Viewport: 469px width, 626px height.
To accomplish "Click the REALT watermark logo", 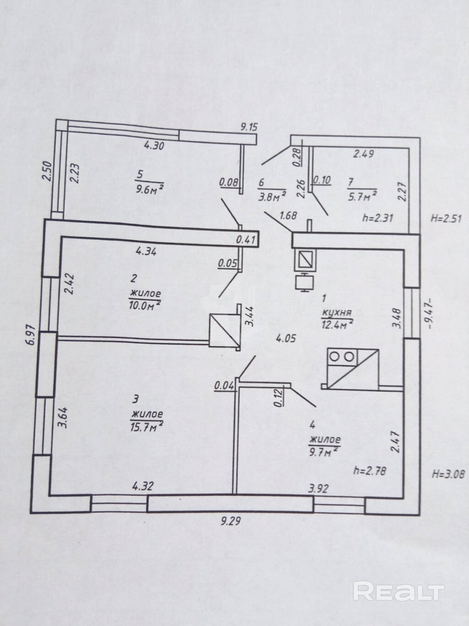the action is [x=398, y=591].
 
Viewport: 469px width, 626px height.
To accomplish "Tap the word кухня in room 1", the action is [x=337, y=313].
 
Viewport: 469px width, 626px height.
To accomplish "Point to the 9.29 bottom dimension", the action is [x=231, y=521].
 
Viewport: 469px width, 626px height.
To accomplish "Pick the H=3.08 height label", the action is [x=448, y=474].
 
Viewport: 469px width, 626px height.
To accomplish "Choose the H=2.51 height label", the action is [x=447, y=218].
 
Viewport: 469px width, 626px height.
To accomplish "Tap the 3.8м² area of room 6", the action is [x=272, y=196].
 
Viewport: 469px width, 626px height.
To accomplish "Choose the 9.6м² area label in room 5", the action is [x=149, y=188].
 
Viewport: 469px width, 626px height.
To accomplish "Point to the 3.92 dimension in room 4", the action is [x=318, y=489].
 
